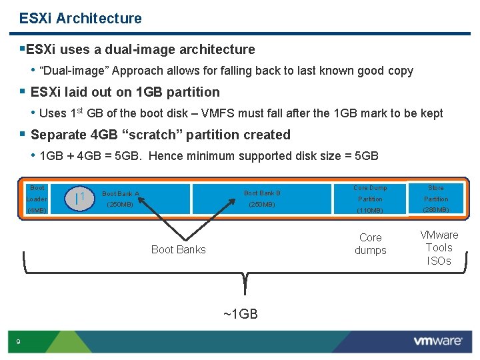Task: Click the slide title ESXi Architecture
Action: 81,18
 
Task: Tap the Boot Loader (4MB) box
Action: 37,199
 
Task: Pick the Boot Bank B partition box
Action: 262,199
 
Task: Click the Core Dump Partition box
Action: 370,199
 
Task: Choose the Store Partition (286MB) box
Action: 436,199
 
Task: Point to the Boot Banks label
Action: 178,249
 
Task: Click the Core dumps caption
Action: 370,244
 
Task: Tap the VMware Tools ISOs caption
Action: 439,247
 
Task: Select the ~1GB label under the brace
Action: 240,314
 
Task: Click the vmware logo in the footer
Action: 437,341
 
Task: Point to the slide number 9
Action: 19,342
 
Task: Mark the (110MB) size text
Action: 370,211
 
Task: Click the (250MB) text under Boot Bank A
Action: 120,205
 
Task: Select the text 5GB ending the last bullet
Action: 365,156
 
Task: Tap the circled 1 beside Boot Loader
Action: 80,198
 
